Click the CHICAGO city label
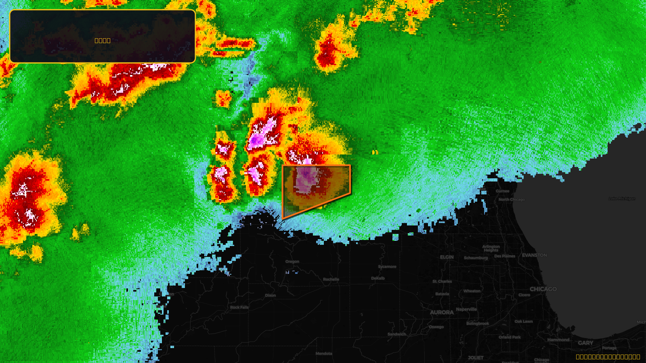543,289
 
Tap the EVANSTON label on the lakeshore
534,255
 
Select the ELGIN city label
447,257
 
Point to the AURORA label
442,312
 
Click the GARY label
585,343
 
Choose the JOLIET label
476,358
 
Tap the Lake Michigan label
622,198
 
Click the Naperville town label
466,309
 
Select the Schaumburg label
476,258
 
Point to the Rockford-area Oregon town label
292,261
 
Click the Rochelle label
331,279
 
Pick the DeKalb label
378,278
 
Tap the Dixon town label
271,295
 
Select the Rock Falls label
239,307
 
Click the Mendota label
324,354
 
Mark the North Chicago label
512,199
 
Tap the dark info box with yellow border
103,36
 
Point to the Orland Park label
510,337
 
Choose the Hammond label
558,340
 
